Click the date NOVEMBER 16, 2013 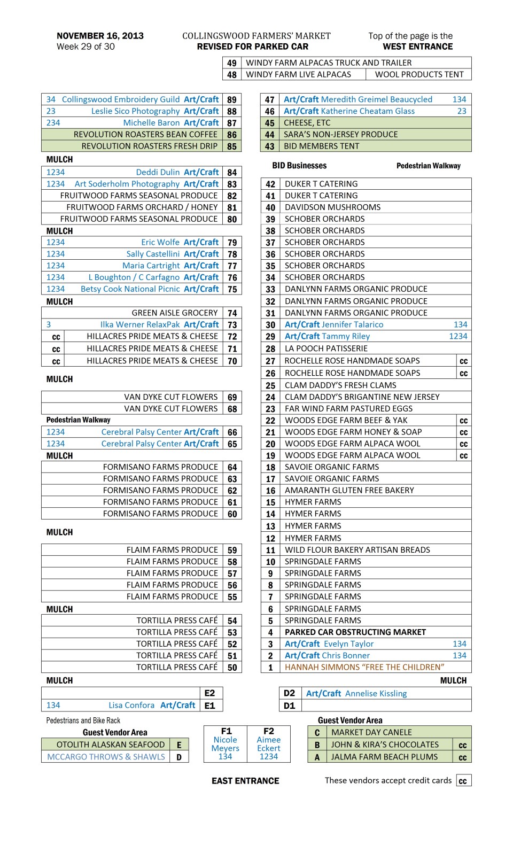tap(100, 36)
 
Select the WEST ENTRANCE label tap(417, 46)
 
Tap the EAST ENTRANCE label tap(245, 781)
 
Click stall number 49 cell tap(232, 63)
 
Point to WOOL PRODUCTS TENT tap(419, 74)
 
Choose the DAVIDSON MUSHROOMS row tap(332, 207)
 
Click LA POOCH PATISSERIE tap(326, 348)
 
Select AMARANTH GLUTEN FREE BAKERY tap(349, 490)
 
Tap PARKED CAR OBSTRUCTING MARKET tap(355, 632)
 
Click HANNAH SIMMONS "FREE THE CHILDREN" tap(364, 667)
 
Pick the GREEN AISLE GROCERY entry tap(175, 313)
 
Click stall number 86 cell tap(232, 135)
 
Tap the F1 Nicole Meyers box tap(226, 743)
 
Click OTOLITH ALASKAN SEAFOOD tap(111, 745)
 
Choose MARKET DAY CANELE tap(371, 732)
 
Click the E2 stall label tap(209, 693)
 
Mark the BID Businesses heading tap(299, 166)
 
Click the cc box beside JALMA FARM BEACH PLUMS tap(463, 757)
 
